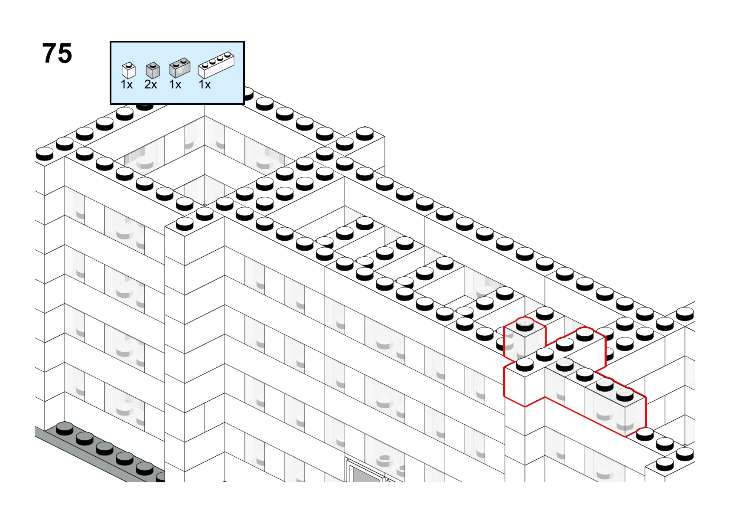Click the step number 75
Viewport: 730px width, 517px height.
(57, 53)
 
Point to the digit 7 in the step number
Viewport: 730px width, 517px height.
(49, 53)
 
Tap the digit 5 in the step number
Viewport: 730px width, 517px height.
(65, 53)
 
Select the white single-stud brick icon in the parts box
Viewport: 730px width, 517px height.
(128, 70)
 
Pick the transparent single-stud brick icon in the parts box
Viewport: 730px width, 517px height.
(153, 70)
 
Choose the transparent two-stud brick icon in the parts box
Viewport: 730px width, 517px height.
(179, 68)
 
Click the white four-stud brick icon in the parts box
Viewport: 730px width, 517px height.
(216, 65)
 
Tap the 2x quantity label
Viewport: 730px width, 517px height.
(151, 85)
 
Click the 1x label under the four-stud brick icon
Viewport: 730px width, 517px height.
(205, 85)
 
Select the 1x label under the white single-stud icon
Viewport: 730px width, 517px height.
(127, 85)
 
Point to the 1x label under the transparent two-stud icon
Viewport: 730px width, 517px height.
(175, 85)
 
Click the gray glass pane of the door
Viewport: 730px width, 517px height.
(367, 475)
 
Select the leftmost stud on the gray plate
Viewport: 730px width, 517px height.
(65, 429)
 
